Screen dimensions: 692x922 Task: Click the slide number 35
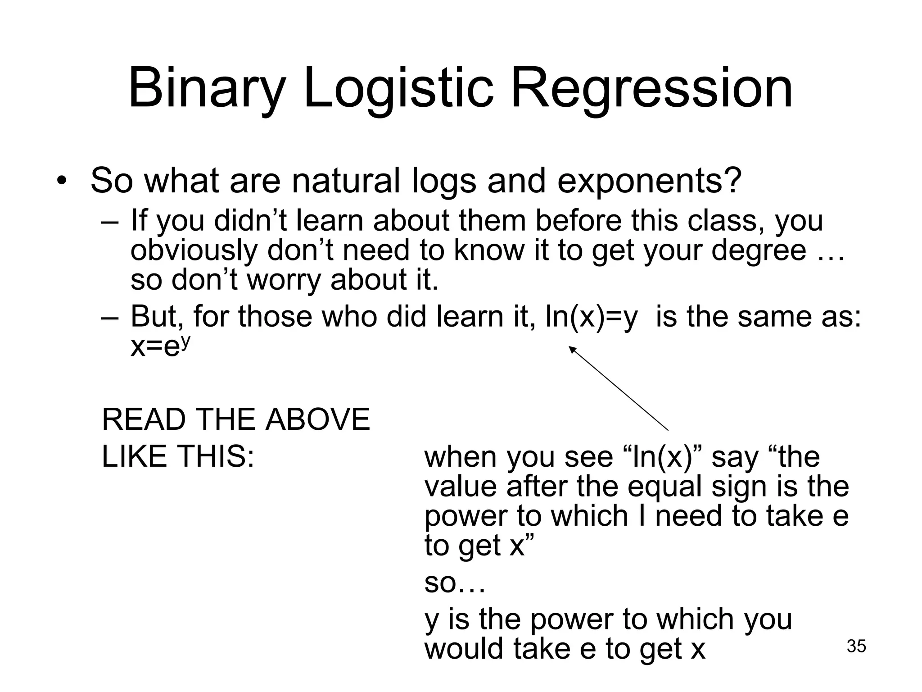point(856,646)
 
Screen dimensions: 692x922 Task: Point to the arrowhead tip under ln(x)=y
point(570,346)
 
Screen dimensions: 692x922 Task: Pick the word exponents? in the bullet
point(649,182)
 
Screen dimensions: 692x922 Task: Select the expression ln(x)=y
point(591,316)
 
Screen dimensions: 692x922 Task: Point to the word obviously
point(194,250)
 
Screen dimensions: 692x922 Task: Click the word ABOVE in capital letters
point(318,419)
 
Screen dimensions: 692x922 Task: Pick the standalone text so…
point(455,583)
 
